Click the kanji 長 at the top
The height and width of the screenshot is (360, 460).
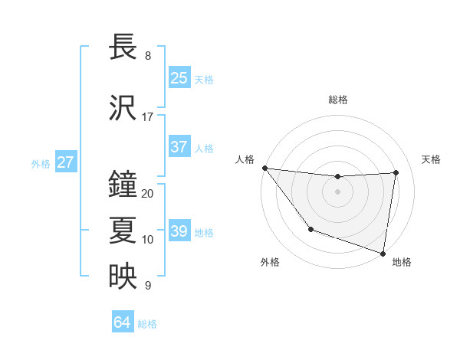tap(123, 48)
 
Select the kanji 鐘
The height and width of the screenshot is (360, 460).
tap(123, 185)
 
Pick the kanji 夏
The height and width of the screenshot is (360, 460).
tap(123, 231)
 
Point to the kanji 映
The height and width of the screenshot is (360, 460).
tap(123, 277)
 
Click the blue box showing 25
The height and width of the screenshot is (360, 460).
tap(179, 78)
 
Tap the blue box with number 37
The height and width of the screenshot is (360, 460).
tap(179, 147)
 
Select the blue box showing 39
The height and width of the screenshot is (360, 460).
tap(179, 231)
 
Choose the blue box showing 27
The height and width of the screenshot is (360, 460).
tap(65, 162)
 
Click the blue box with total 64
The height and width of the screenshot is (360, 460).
tap(122, 322)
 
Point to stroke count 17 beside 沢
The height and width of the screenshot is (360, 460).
tap(147, 117)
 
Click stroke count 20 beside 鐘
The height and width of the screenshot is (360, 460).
tap(147, 194)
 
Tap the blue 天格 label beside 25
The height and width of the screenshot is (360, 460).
tap(204, 79)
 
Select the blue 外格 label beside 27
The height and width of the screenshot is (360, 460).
tap(41, 163)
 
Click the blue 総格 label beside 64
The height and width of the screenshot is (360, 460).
tap(147, 323)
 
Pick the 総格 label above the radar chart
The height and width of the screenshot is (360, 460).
tap(337, 100)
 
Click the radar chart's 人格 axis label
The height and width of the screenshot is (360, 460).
tap(245, 159)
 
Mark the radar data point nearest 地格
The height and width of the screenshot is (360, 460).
tap(383, 253)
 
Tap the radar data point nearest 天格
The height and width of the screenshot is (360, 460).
tap(396, 172)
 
